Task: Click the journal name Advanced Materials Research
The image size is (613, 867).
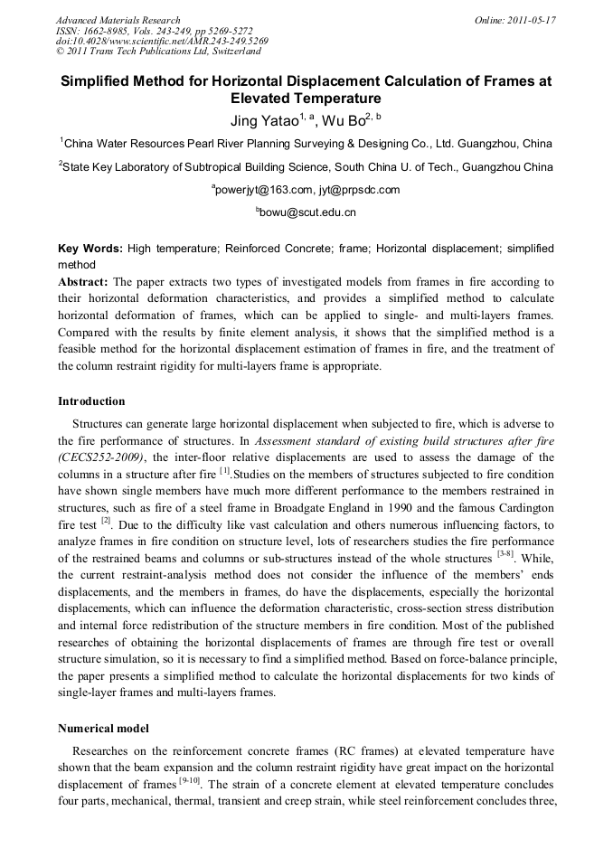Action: (118, 20)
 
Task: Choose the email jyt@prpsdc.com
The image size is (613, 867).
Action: (360, 190)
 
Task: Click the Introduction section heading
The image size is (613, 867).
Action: (91, 401)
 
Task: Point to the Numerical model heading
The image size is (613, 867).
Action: (103, 728)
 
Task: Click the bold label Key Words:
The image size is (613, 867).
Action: (90, 249)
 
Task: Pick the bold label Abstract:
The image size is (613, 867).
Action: (83, 281)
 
